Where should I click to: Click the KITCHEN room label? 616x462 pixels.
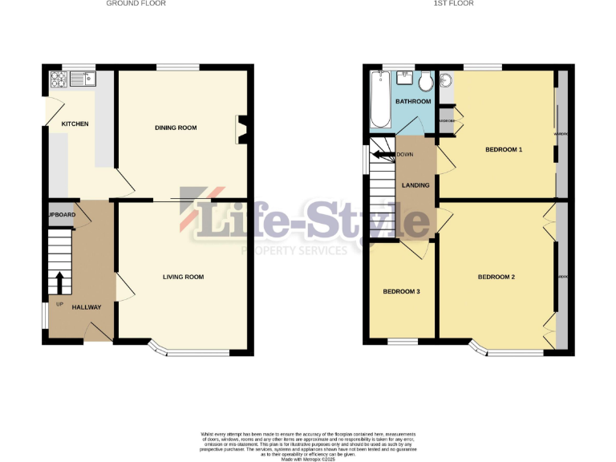point(75,124)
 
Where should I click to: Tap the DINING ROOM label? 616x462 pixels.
point(176,128)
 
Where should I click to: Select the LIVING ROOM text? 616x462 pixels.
point(183,278)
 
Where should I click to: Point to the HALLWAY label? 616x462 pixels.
point(87,307)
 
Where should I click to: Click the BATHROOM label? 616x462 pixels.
point(414,102)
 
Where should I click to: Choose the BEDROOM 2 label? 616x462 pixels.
point(496,278)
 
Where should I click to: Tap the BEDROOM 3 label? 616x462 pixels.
point(401,291)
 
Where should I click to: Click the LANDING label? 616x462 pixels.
point(415,185)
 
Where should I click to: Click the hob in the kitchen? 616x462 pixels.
point(59,79)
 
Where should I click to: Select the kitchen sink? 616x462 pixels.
point(83,79)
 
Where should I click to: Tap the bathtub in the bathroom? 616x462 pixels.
point(379,99)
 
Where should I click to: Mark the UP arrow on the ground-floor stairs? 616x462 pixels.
point(59,282)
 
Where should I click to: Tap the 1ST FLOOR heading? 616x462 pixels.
point(454,3)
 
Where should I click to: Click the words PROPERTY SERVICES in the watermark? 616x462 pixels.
point(295,250)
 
